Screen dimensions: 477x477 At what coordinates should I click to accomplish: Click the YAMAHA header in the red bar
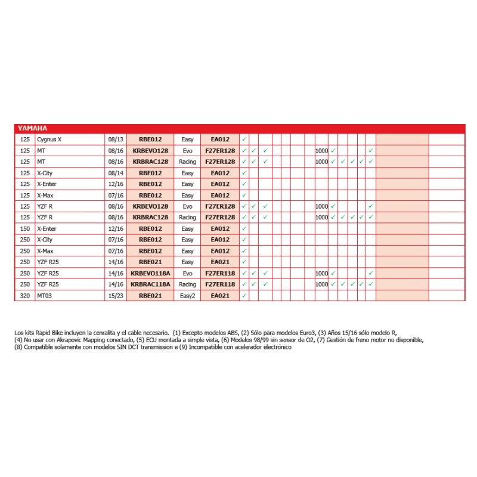click(x=32, y=128)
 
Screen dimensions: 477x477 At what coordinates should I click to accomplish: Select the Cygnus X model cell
click(x=49, y=140)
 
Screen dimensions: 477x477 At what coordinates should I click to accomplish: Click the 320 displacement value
click(x=24, y=296)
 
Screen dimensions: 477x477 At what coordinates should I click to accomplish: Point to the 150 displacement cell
click(x=24, y=229)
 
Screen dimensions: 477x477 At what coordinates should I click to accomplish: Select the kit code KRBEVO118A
click(x=150, y=274)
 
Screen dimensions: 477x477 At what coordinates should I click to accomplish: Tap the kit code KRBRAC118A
click(x=150, y=284)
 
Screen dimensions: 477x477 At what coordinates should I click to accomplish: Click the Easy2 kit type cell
click(x=187, y=296)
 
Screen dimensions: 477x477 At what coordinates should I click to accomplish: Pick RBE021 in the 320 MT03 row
click(x=150, y=296)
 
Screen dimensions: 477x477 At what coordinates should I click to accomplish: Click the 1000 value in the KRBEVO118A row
click(x=321, y=274)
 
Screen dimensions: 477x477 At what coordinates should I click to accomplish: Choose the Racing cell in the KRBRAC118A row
click(x=187, y=284)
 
